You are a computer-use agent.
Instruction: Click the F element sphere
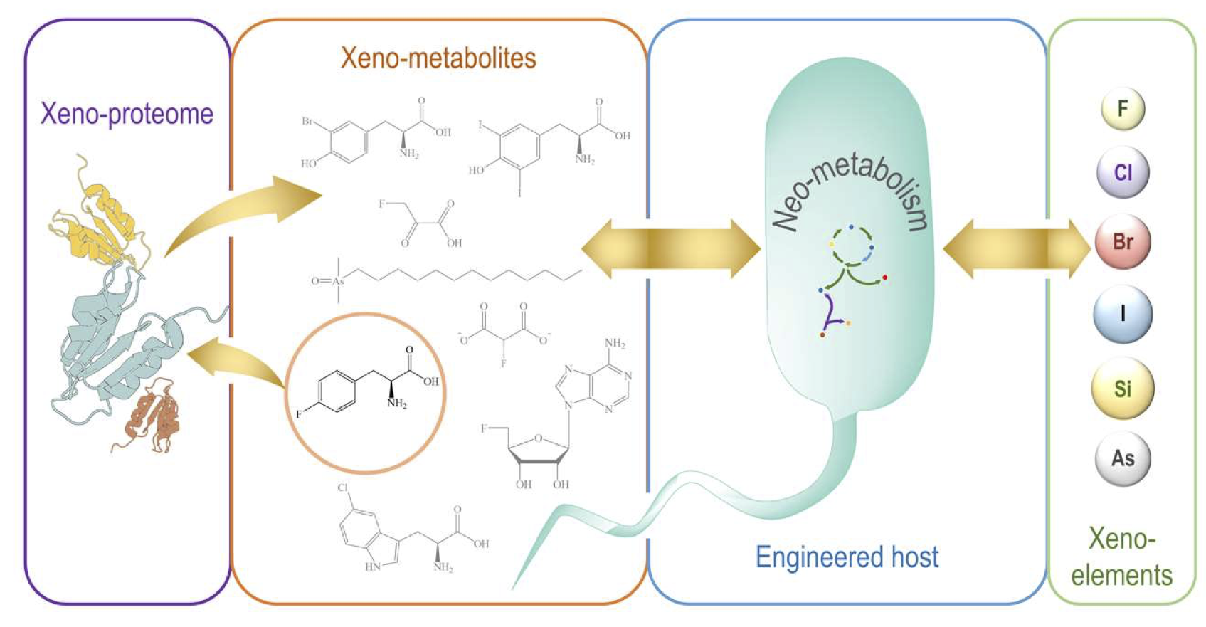point(1123,109)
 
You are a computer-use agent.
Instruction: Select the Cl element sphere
point(1123,173)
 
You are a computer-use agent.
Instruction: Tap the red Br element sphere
point(1123,242)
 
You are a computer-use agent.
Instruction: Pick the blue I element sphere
point(1123,314)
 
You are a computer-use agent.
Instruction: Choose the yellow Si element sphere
point(1123,389)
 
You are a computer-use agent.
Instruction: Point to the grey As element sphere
point(1123,458)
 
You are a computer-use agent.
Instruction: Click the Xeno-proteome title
point(127,114)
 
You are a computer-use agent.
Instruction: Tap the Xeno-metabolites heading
point(438,58)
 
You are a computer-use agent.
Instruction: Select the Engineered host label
point(847,557)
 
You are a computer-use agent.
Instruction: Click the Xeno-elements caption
point(1122,557)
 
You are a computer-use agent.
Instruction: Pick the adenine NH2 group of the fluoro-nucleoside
point(615,344)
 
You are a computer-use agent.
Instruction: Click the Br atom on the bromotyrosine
point(307,122)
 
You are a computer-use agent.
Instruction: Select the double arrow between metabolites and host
point(671,248)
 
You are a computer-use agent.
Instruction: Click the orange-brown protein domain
point(153,416)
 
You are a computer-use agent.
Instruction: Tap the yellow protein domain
point(100,221)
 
